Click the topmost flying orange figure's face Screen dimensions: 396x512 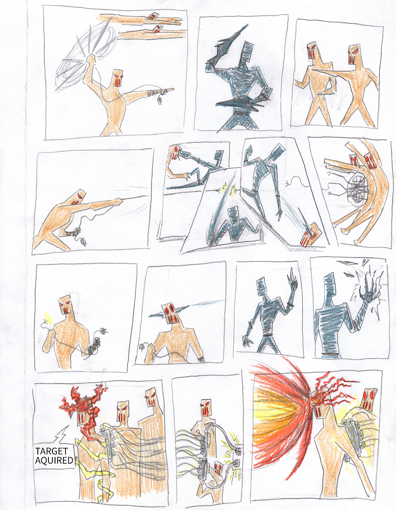(x=152, y=16)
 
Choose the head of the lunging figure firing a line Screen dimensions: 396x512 (x=78, y=197)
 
